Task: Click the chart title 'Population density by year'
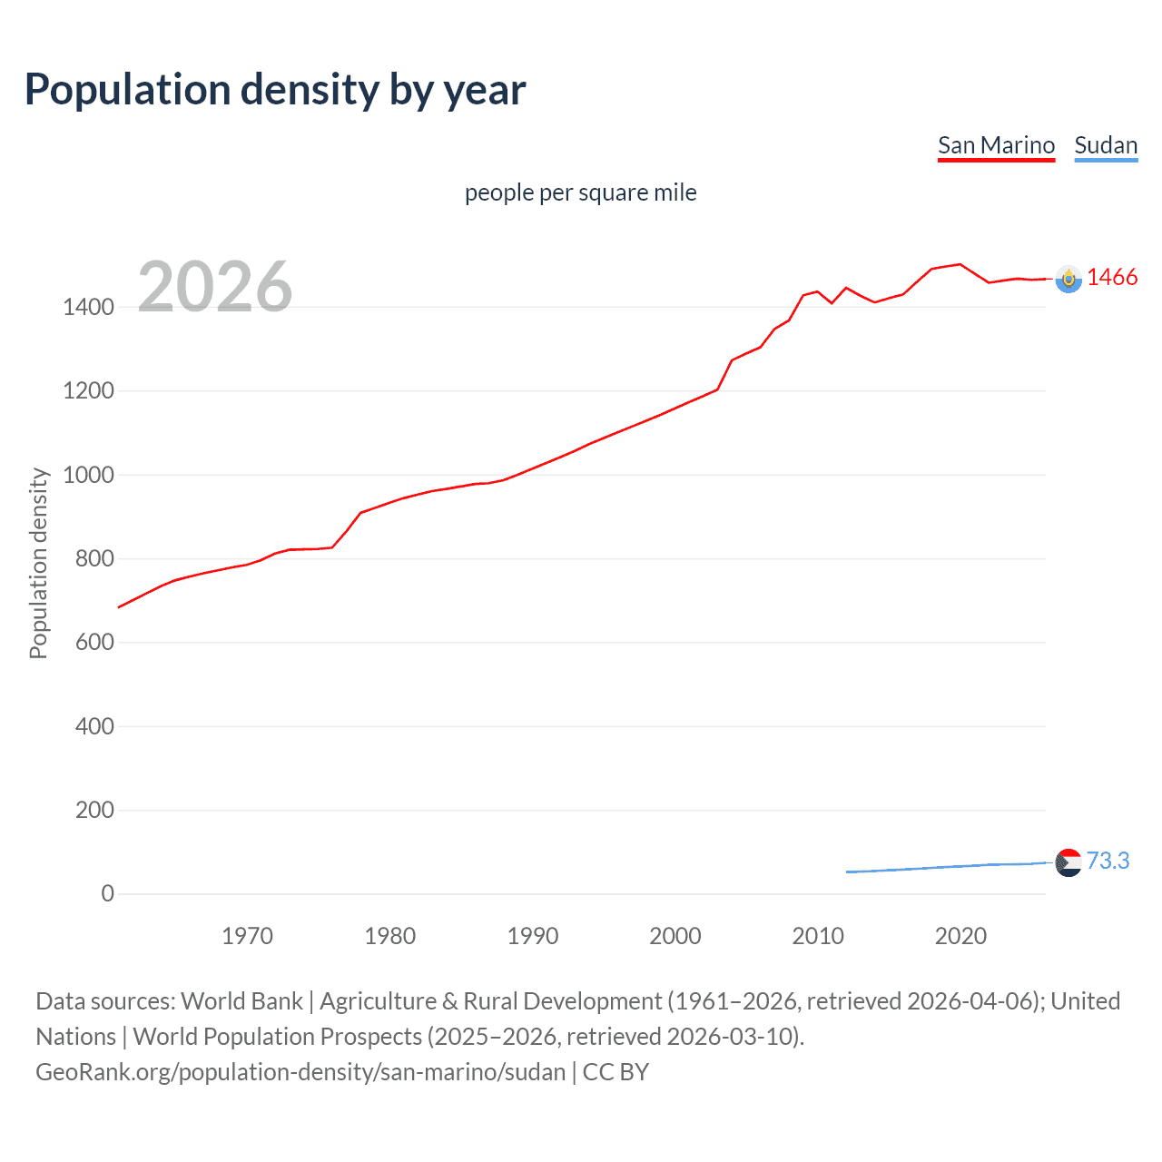point(275,89)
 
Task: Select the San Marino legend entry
point(996,145)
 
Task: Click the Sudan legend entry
point(1105,145)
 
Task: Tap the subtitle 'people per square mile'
point(580,192)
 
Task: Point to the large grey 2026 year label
point(215,287)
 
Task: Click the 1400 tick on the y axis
point(89,307)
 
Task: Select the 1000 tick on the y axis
point(89,475)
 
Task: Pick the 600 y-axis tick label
point(94,642)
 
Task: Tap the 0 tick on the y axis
point(108,893)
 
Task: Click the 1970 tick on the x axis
point(247,936)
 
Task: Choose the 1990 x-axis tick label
point(533,936)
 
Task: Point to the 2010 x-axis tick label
point(818,936)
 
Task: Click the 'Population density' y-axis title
point(38,563)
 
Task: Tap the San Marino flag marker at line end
point(1068,279)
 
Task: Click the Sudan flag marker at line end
point(1068,862)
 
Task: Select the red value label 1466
point(1112,278)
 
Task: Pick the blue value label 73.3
point(1108,861)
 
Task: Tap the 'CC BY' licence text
point(615,1071)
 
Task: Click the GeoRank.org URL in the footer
point(300,1071)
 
